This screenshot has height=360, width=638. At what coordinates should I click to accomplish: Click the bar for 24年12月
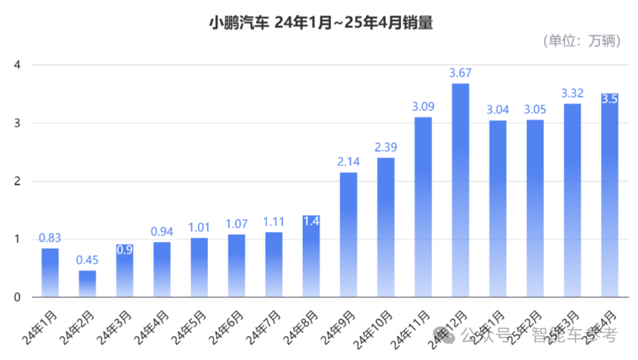pyautogui.click(x=460, y=190)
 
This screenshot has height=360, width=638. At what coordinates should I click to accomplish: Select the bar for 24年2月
pyautogui.click(x=87, y=283)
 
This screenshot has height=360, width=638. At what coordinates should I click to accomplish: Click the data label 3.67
pyautogui.click(x=460, y=73)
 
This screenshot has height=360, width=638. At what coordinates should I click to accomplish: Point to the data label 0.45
pyautogui.click(x=87, y=260)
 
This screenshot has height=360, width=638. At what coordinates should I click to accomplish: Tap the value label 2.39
pyautogui.click(x=386, y=148)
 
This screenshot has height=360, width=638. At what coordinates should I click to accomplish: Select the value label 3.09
pyautogui.click(x=423, y=107)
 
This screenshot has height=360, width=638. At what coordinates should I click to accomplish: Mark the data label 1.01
pyautogui.click(x=199, y=228)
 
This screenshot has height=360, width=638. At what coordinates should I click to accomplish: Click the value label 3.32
pyautogui.click(x=573, y=94)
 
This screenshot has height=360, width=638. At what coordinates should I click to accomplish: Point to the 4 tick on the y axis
pyautogui.click(x=18, y=65)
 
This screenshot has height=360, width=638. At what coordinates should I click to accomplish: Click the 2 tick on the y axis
pyautogui.click(x=18, y=181)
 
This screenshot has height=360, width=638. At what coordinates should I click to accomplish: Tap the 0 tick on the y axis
pyautogui.click(x=18, y=297)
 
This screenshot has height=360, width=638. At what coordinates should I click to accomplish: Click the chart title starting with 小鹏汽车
pyautogui.click(x=320, y=24)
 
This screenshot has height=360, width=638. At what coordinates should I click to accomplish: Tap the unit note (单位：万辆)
pyautogui.click(x=582, y=41)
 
